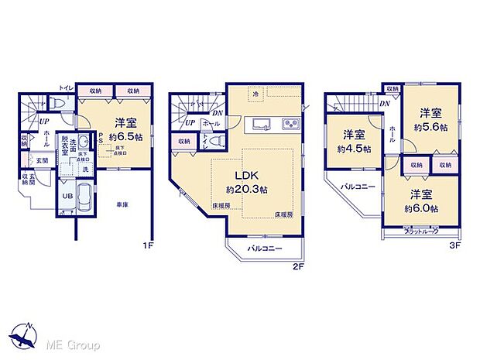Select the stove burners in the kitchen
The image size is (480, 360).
coord(290,123)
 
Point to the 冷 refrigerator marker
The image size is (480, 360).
coord(256,94)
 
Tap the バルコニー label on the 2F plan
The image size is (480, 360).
coord(265,249)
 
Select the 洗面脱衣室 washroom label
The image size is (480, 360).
coord(70,145)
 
